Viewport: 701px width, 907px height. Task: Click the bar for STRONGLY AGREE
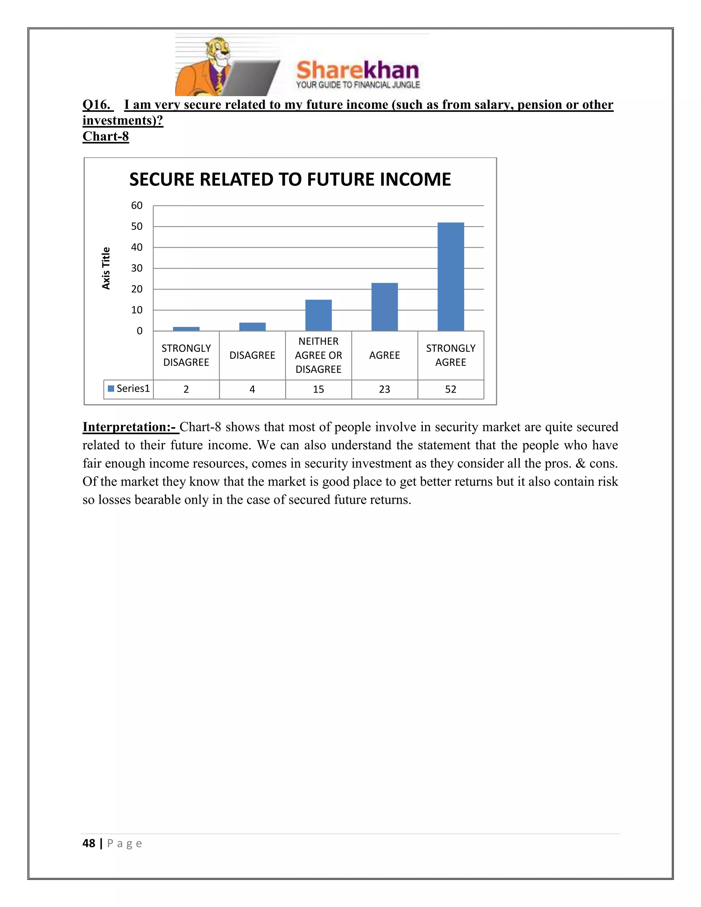(450, 277)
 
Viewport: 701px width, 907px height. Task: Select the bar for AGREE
(384, 307)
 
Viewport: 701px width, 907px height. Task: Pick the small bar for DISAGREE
(252, 327)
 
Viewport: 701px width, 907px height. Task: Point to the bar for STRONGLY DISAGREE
(186, 329)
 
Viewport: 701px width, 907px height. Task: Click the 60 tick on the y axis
(137, 206)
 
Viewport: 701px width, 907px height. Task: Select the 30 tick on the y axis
(137, 268)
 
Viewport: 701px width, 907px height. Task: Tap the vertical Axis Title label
(106, 268)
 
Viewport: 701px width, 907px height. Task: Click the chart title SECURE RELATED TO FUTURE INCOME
(290, 179)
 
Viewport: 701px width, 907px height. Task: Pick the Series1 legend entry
(129, 389)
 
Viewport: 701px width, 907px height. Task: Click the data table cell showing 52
(450, 389)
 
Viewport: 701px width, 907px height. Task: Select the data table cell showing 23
(384, 389)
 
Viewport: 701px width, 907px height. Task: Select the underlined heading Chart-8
(105, 136)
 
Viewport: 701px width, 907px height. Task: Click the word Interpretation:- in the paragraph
(130, 427)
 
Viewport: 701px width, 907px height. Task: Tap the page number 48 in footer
(89, 843)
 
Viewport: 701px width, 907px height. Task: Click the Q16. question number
(97, 105)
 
